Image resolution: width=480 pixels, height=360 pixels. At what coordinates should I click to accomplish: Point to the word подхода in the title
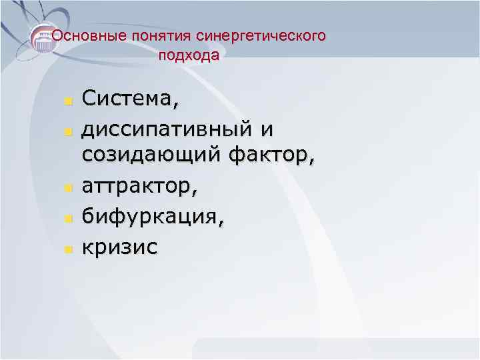[189, 56]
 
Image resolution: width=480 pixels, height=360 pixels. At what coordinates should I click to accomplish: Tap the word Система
[127, 99]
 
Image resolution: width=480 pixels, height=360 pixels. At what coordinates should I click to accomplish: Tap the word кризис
[120, 247]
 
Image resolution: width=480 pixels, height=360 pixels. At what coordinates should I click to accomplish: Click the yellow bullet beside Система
[67, 102]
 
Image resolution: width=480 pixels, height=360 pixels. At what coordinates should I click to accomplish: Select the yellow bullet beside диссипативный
[67, 130]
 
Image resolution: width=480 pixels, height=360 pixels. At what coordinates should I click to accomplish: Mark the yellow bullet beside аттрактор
[67, 190]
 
